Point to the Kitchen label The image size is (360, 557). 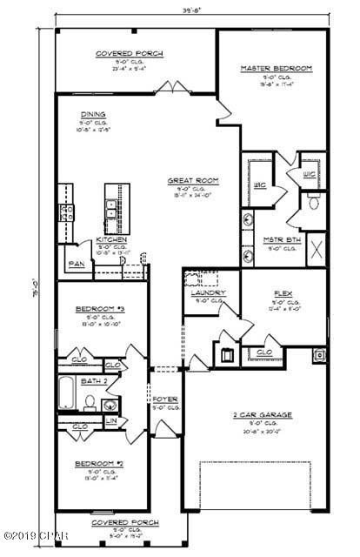pyautogui.click(x=112, y=239)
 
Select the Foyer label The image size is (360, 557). pyautogui.click(x=164, y=399)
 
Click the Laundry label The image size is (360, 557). pyautogui.click(x=210, y=293)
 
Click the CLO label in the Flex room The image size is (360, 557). pyautogui.click(x=263, y=352)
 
